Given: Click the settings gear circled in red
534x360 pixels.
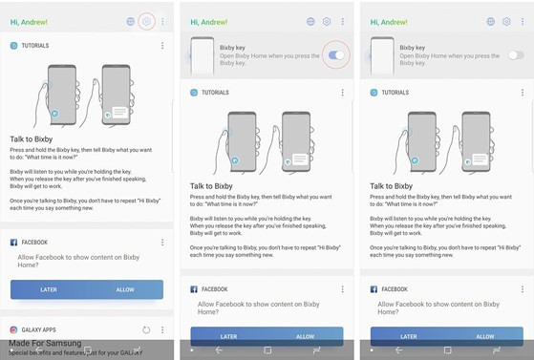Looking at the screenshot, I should [146, 22].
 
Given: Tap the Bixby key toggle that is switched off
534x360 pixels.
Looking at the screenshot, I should [515, 55].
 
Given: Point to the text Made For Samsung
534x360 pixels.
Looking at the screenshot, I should [46, 343].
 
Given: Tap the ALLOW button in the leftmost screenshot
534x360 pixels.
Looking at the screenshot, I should [125, 288].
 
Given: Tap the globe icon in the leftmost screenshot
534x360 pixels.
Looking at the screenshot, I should [130, 22].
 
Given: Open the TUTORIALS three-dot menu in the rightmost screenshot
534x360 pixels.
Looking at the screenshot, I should [523, 93].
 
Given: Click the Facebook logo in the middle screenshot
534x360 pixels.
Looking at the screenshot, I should [194, 288].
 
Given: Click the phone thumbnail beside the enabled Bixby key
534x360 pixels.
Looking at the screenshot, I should [202, 55].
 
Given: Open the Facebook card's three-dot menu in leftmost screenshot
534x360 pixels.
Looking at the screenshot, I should [162, 243].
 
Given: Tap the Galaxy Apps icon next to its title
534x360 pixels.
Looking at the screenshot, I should [14, 329].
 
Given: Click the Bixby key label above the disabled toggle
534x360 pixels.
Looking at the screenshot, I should [412, 48].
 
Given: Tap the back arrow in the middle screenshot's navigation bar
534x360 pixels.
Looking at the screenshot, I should [219, 350].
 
